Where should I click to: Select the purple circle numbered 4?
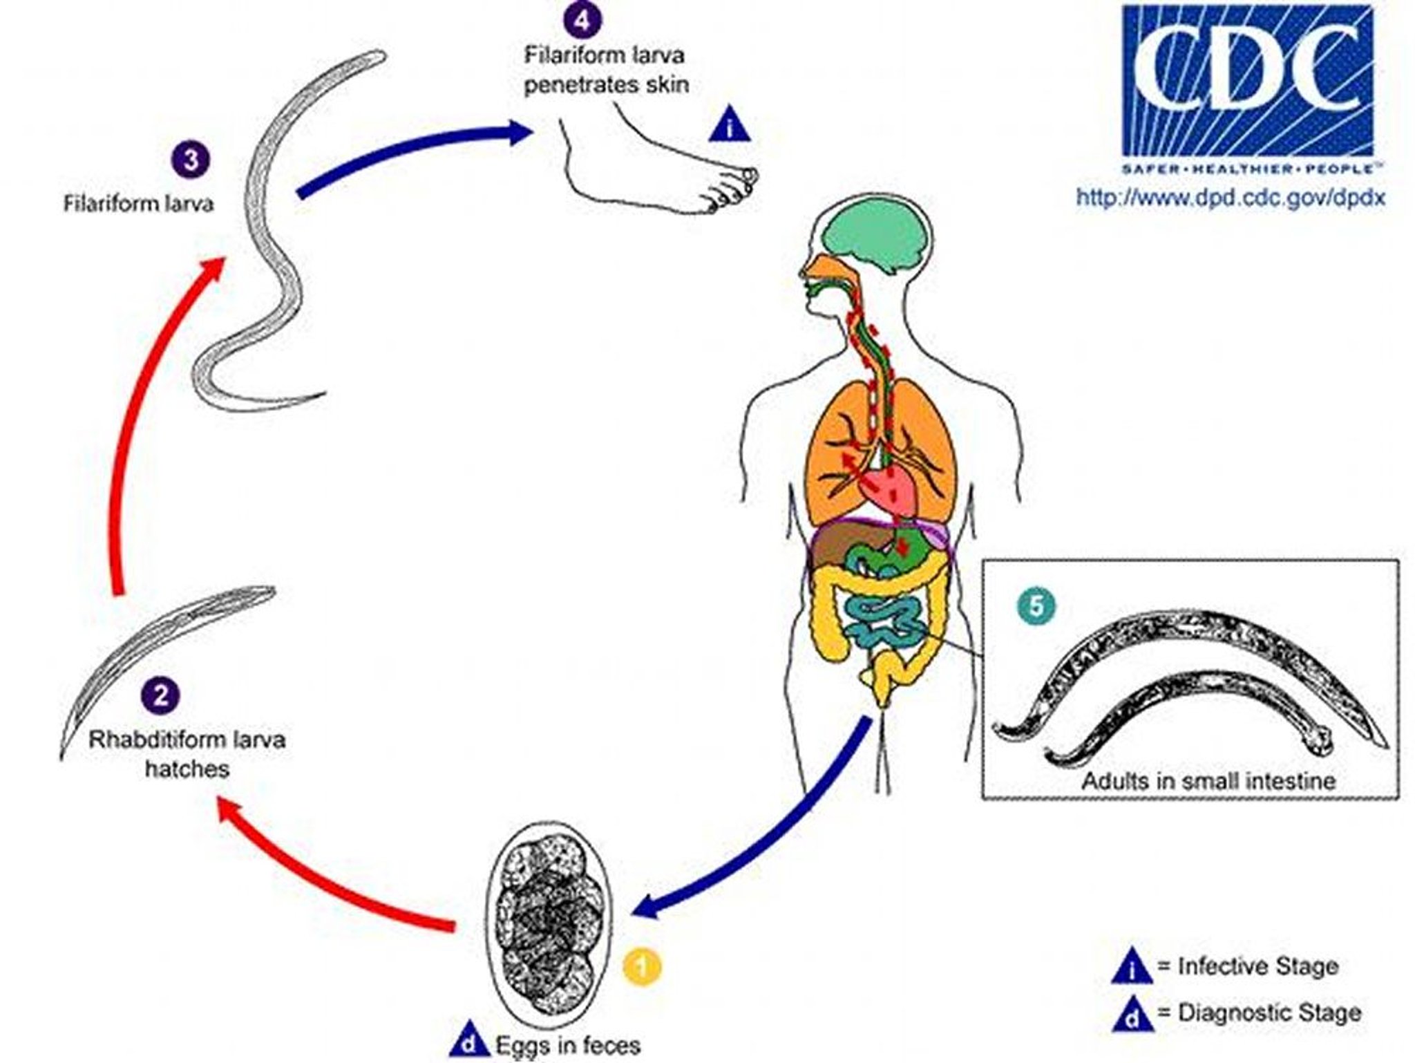tap(582, 19)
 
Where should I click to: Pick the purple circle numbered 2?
tap(161, 695)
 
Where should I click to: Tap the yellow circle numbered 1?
tap(642, 967)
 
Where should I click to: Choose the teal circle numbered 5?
tap(1036, 607)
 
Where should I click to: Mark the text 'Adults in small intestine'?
tap(1208, 781)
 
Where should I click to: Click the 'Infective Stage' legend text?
tap(1256, 966)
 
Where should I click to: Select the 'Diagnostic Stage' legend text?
tap(1269, 1013)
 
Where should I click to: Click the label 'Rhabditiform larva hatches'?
tap(187, 754)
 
